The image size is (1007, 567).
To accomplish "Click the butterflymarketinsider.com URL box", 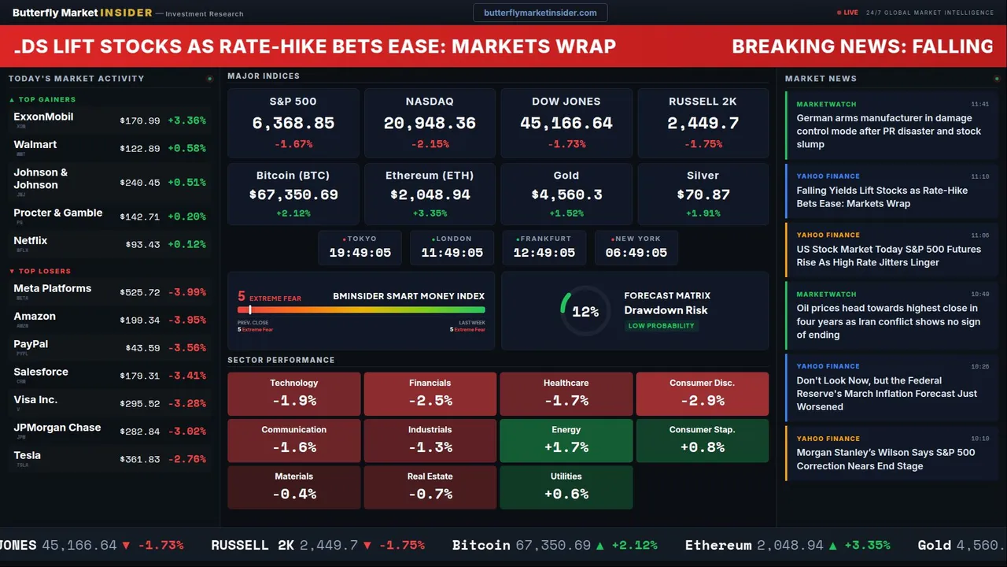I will pyautogui.click(x=540, y=13).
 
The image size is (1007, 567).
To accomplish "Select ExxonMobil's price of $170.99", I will pyautogui.click(x=140, y=121).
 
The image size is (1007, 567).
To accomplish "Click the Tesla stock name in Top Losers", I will pyautogui.click(x=28, y=455).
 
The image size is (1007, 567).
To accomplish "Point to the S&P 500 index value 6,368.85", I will pyautogui.click(x=293, y=124).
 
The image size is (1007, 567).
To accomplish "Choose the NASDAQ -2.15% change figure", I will pyautogui.click(x=430, y=144).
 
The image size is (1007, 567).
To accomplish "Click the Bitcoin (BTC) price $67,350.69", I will pyautogui.click(x=293, y=195).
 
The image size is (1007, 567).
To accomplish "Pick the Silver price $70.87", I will pyautogui.click(x=703, y=195).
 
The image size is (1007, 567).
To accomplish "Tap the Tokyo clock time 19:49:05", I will pyautogui.click(x=360, y=253).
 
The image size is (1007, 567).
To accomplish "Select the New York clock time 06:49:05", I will pyautogui.click(x=636, y=253).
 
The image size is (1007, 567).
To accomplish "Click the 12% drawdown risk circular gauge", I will pyautogui.click(x=585, y=312).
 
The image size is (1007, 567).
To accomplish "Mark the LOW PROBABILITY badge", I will pyautogui.click(x=661, y=326).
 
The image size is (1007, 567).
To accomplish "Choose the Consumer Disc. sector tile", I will pyautogui.click(x=702, y=394).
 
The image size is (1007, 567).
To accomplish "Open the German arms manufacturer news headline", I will pyautogui.click(x=888, y=132).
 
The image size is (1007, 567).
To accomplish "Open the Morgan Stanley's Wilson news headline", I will pyautogui.click(x=885, y=459).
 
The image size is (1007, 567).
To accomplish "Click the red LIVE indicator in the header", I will pyautogui.click(x=847, y=13).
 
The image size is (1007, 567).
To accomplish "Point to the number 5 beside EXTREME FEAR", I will pyautogui.click(x=242, y=297).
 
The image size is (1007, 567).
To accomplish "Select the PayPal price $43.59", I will pyautogui.click(x=142, y=348).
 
